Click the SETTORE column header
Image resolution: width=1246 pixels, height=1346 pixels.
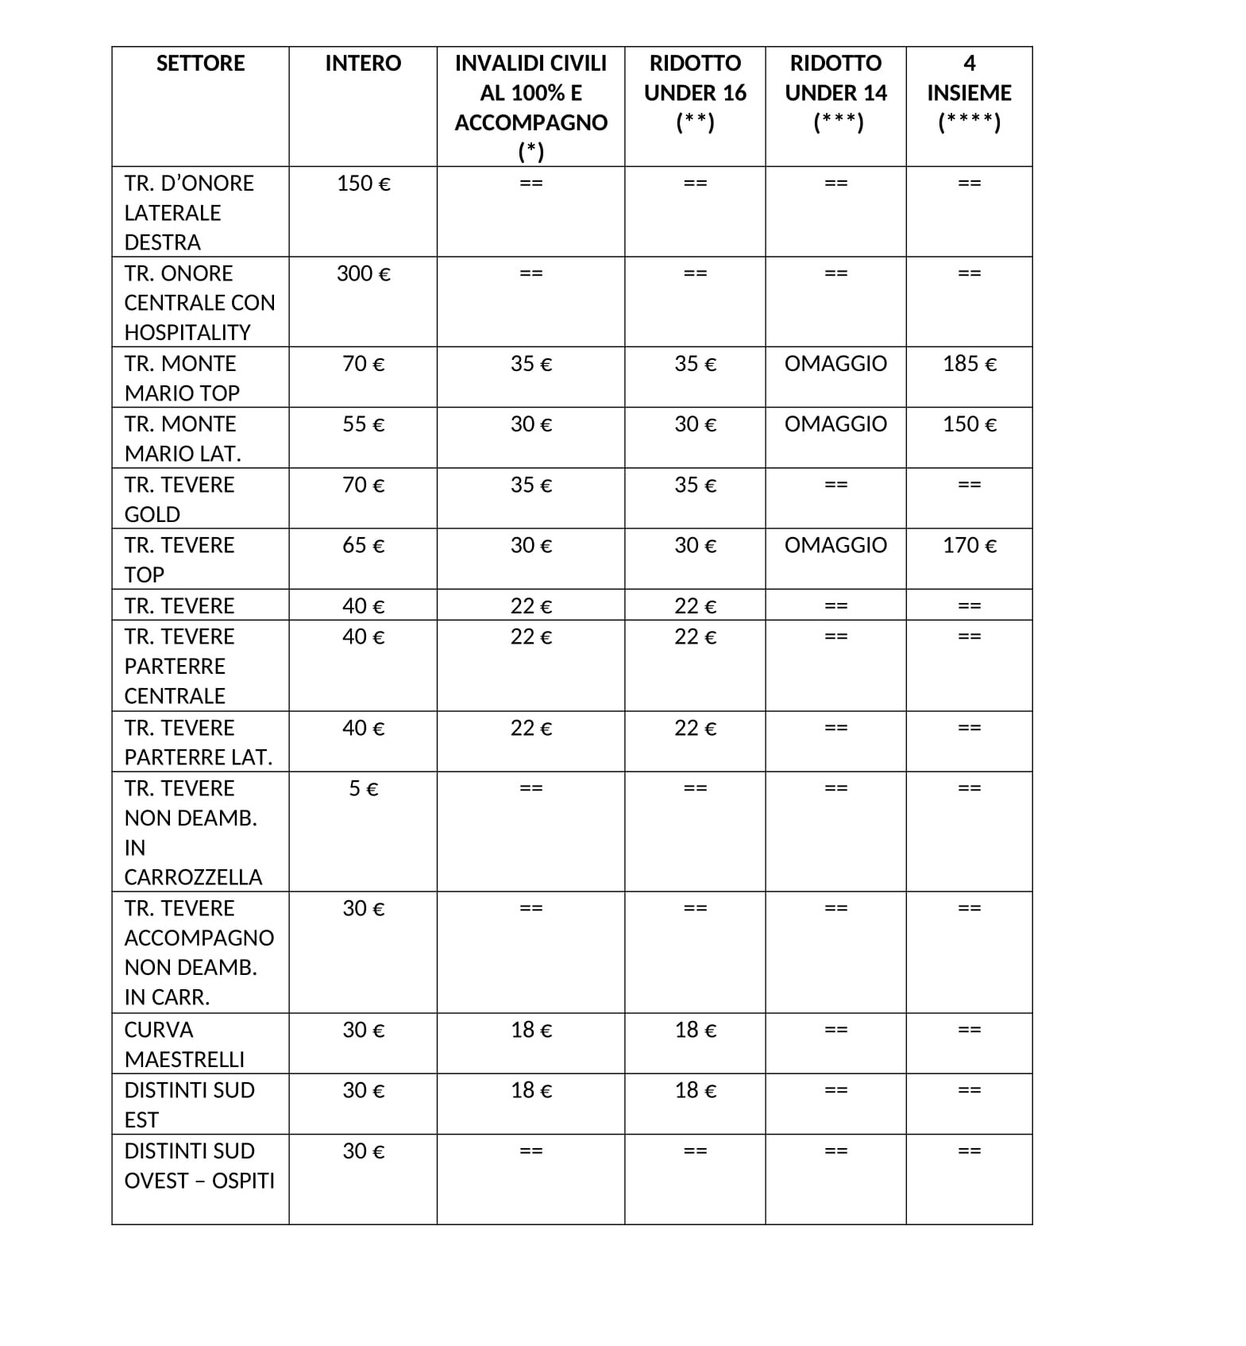pyautogui.click(x=200, y=64)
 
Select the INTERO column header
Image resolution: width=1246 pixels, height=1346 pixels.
pyautogui.click(x=363, y=64)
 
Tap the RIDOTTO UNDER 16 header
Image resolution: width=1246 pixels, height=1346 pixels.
pyautogui.click(x=695, y=92)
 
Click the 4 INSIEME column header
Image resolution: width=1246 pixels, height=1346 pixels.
pyautogui.click(x=969, y=92)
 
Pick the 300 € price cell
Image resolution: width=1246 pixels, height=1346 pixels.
pyautogui.click(x=363, y=274)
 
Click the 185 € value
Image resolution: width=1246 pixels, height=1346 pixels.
pyautogui.click(x=969, y=364)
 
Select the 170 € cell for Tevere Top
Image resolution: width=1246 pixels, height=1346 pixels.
pyautogui.click(x=969, y=546)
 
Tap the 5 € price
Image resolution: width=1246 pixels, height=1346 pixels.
pyautogui.click(x=363, y=789)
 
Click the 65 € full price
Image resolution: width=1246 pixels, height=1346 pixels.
pyautogui.click(x=363, y=546)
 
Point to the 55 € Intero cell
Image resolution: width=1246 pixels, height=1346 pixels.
pyautogui.click(x=363, y=424)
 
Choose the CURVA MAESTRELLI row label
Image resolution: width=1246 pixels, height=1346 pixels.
pyautogui.click(x=184, y=1044)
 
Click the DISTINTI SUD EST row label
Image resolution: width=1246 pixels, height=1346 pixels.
pyautogui.click(x=189, y=1104)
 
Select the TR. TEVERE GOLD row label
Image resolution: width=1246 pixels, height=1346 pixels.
pyautogui.click(x=179, y=499)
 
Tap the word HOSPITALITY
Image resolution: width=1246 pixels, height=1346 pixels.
pyautogui.click(x=187, y=333)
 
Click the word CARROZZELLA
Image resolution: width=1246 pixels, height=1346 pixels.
pyautogui.click(x=193, y=877)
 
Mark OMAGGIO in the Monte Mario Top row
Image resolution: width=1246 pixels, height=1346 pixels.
pyautogui.click(x=835, y=364)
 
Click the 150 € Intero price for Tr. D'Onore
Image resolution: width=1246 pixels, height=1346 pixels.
pyautogui.click(x=363, y=184)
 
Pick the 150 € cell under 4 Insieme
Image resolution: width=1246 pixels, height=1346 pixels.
pyautogui.click(x=969, y=424)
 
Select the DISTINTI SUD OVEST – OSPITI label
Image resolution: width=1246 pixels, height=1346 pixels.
pyautogui.click(x=199, y=1166)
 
